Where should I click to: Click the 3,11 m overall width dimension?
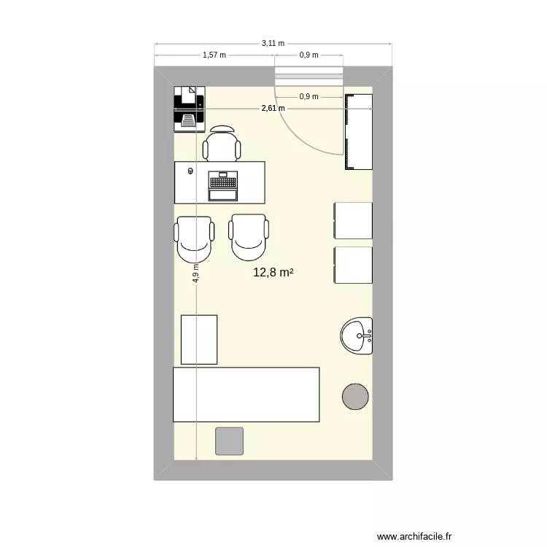click(273, 44)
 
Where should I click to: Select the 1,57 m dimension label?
click(214, 55)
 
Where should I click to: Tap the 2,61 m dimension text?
click(273, 109)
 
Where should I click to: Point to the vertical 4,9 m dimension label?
click(195, 273)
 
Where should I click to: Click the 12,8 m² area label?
click(273, 273)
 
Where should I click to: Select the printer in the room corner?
click(188, 107)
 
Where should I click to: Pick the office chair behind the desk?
click(222, 144)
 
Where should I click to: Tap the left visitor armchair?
click(195, 238)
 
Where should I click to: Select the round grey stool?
click(356, 395)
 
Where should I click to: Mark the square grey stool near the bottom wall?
click(229, 441)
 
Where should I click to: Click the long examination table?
click(246, 395)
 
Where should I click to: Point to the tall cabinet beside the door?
click(358, 131)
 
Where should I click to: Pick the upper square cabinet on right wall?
click(353, 220)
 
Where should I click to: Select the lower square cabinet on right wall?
click(353, 265)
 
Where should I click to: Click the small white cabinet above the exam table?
click(199, 339)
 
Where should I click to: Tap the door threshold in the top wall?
click(308, 74)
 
